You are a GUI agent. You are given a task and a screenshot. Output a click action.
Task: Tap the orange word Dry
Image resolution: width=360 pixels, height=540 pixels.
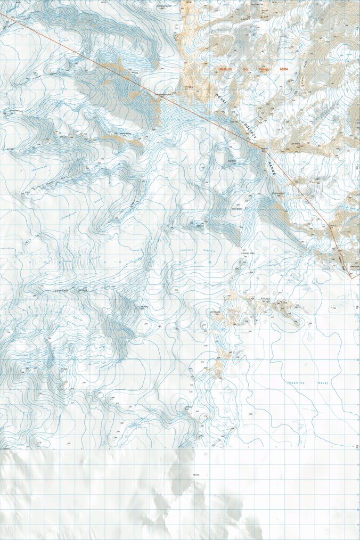(246, 69)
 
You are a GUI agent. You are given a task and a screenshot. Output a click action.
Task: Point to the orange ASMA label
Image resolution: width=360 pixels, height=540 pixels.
(283, 69)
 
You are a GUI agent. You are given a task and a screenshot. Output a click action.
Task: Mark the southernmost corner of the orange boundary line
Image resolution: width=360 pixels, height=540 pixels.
(351, 278)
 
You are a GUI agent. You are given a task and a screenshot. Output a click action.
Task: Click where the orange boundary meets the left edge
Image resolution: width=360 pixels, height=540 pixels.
(1, 13)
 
